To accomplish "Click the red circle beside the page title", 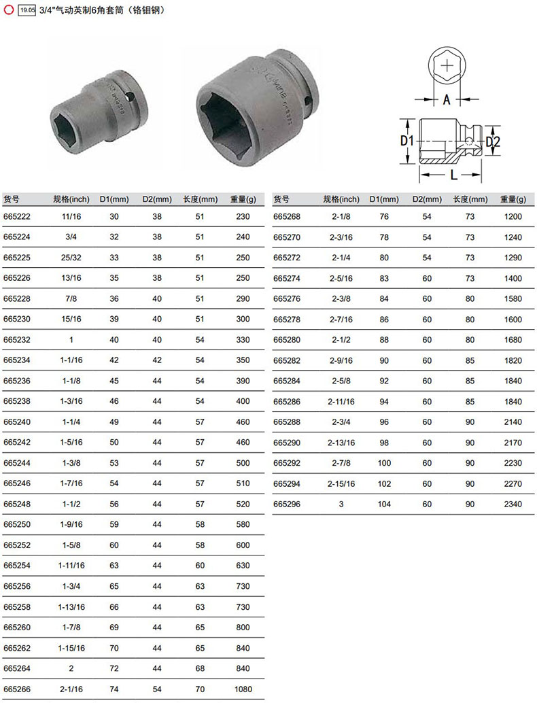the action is pos(9,10).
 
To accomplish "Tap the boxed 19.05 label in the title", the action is pos(27,10).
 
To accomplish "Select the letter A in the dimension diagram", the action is pos(447,99).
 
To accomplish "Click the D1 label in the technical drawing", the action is pos(406,141).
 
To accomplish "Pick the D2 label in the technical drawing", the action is pos(493,142).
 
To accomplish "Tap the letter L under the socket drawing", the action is pos(453,175).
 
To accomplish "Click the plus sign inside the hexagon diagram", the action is pos(447,67).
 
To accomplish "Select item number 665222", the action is pos(17,217).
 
